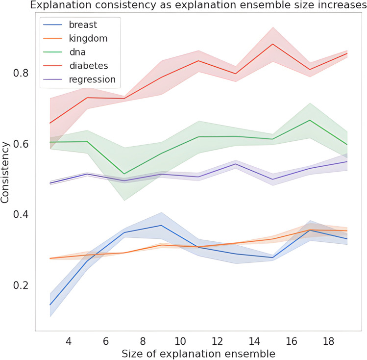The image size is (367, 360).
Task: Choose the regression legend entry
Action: (94, 79)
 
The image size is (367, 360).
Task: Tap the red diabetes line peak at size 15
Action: (273, 44)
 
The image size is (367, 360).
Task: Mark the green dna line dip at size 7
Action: (124, 174)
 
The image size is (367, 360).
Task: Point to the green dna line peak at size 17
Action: (310, 120)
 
